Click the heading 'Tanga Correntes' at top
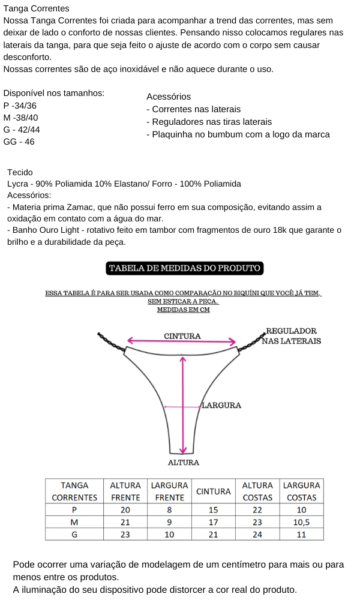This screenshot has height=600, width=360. (x=36, y=8)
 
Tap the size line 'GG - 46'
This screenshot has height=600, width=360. (x=19, y=142)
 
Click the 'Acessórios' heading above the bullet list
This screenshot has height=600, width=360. (x=169, y=97)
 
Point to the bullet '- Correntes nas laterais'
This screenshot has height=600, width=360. (x=193, y=109)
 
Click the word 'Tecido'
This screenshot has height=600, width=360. (x=20, y=172)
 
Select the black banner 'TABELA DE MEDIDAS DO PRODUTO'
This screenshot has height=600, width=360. (x=185, y=268)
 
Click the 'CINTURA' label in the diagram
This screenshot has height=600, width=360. (x=182, y=336)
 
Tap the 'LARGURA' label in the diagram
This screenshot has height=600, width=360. (x=221, y=405)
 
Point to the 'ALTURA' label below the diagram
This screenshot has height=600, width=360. (x=184, y=463)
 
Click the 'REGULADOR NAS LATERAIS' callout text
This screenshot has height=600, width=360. (x=291, y=336)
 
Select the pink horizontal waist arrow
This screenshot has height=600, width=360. (x=182, y=342)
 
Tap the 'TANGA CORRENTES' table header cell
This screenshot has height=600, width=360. (x=74, y=491)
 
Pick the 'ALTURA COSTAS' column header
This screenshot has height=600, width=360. (x=257, y=491)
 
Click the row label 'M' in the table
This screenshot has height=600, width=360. (x=74, y=522)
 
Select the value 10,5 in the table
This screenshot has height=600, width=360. (x=301, y=522)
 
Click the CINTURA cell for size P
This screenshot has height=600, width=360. (x=213, y=509)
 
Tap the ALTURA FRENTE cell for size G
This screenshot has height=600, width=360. (x=125, y=534)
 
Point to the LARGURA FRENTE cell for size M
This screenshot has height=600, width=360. (x=169, y=522)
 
